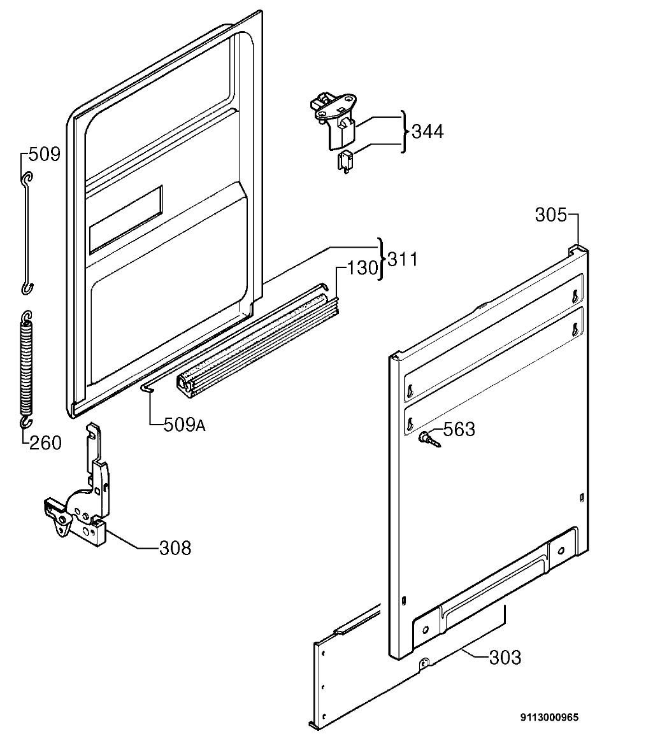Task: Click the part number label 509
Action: point(45,154)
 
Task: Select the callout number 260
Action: point(45,442)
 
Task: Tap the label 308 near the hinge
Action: point(175,548)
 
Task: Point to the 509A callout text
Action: point(184,425)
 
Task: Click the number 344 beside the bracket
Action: point(427,132)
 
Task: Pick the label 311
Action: point(403,259)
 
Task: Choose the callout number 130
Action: point(362,268)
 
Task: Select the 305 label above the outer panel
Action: point(550,215)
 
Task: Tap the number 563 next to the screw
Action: point(459,429)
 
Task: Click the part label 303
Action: point(505,658)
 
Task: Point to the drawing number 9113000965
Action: point(549,717)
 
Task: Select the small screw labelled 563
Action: point(429,439)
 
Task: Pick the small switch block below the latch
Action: point(345,161)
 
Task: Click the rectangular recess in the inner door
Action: point(126,219)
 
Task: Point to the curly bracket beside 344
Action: point(405,132)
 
